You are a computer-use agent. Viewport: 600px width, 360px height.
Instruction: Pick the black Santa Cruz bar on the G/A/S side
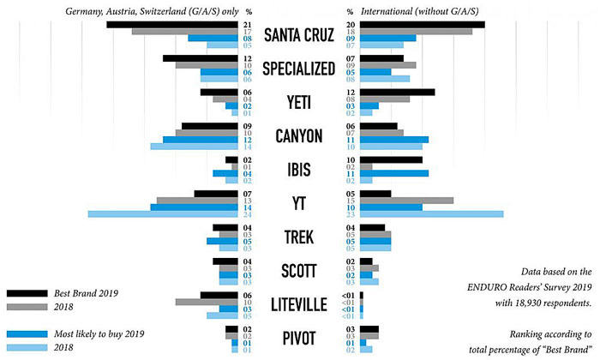coord(172,24)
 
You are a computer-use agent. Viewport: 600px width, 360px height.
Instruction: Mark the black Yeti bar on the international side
coord(397,92)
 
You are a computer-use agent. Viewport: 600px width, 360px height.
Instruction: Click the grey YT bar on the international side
coord(406,201)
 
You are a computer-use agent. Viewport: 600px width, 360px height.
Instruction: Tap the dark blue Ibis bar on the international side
coord(393,173)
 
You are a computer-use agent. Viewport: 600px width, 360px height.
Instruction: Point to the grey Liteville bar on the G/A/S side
coord(207,302)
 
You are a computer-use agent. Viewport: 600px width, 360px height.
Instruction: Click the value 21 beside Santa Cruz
coord(247,24)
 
